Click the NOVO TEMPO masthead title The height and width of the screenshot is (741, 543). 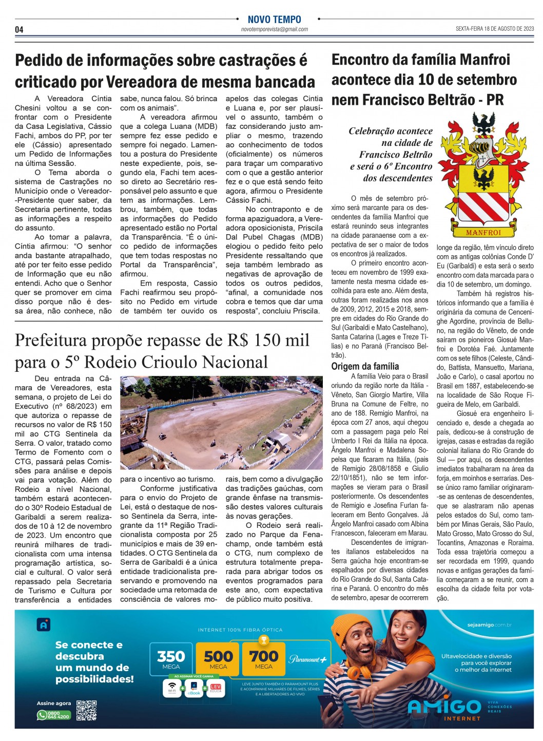pyautogui.click(x=274, y=20)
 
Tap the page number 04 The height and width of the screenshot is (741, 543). pyautogui.click(x=19, y=30)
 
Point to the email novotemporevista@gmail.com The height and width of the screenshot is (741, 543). pyautogui.click(x=274, y=30)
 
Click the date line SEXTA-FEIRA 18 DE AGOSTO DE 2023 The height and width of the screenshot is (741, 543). pyautogui.click(x=494, y=29)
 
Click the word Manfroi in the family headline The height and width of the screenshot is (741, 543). pyautogui.click(x=486, y=60)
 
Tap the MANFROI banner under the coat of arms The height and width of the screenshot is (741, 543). pyautogui.click(x=483, y=232)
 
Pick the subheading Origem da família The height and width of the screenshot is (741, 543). pyautogui.click(x=365, y=366)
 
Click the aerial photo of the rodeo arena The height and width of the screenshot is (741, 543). pyautogui.click(x=221, y=422)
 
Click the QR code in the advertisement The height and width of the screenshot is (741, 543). pyautogui.click(x=86, y=710)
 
